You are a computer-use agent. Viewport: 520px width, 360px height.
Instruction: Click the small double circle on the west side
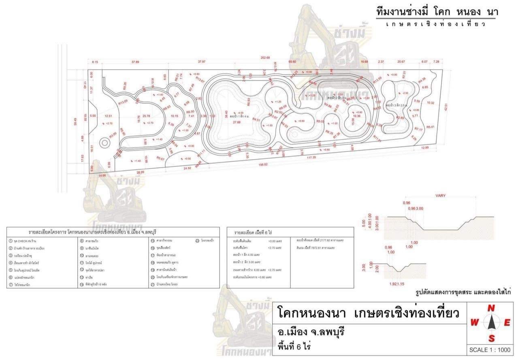[x=104, y=143]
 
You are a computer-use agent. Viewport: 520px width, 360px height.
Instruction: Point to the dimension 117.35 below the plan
[x=311, y=157]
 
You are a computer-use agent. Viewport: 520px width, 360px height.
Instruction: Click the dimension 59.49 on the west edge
[x=75, y=121]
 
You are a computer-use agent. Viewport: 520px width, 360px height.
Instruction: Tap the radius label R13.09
[x=123, y=102]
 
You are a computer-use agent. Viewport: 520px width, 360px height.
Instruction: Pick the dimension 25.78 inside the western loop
[x=146, y=116]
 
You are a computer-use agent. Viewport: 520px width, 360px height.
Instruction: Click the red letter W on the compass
[x=474, y=323]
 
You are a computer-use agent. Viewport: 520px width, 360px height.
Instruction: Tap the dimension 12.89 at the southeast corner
[x=424, y=148]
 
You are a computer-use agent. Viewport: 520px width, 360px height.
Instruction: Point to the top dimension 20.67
[x=401, y=62]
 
